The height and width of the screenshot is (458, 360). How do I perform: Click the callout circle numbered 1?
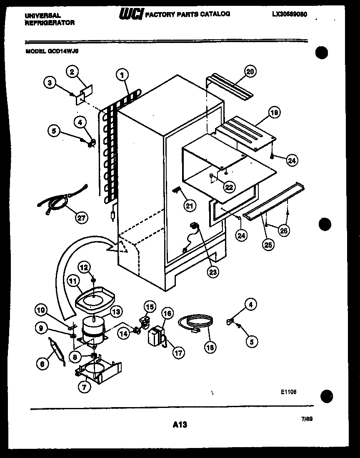122,75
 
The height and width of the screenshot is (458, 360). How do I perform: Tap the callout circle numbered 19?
274,112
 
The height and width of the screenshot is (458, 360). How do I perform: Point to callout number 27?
81,217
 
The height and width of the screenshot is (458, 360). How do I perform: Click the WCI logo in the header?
132,15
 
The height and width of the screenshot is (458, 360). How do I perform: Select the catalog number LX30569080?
290,14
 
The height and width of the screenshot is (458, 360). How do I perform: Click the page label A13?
180,425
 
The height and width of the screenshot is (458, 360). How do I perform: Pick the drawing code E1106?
288,392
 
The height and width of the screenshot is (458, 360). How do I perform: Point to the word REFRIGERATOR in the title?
50,23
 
